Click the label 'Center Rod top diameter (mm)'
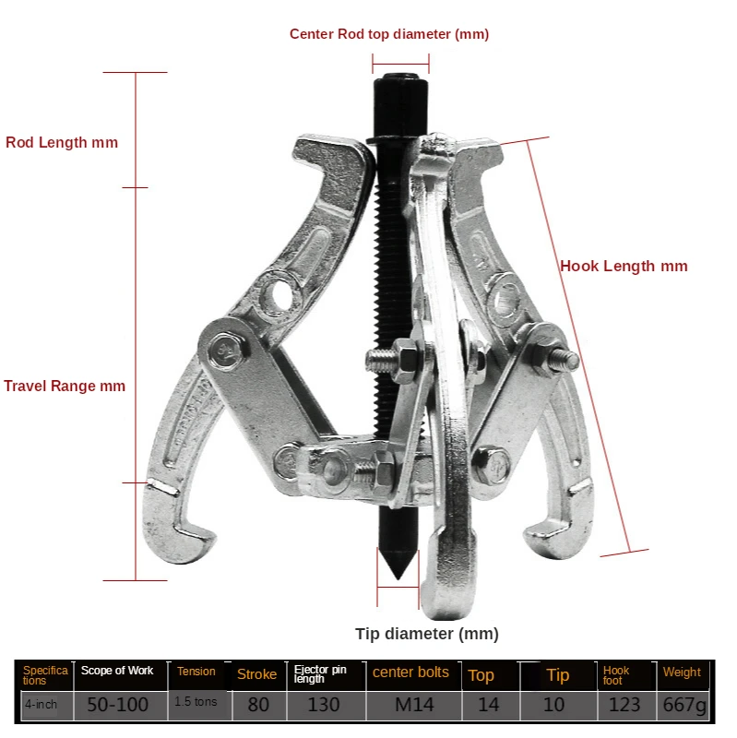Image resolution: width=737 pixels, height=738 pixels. pyautogui.click(x=388, y=34)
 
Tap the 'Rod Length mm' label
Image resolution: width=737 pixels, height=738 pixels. pyautogui.click(x=62, y=143)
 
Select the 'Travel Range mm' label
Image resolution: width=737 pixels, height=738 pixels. pyautogui.click(x=65, y=386)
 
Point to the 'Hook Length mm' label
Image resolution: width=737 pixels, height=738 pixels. pyautogui.click(x=624, y=267)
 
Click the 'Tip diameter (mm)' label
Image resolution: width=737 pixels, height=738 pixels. pyautogui.click(x=427, y=634)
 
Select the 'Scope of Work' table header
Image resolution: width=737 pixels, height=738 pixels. pyautogui.click(x=117, y=671)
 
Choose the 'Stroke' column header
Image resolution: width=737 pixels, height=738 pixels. pyautogui.click(x=256, y=674)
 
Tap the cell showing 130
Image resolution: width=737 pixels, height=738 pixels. pyautogui.click(x=322, y=705)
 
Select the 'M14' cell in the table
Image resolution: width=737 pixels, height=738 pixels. pyautogui.click(x=410, y=705)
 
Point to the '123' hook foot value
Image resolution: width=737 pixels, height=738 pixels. pyautogui.click(x=624, y=705)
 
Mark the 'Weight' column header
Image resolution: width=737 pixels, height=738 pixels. pyautogui.click(x=682, y=673)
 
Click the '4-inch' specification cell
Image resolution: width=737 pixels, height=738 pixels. pyautogui.click(x=41, y=705)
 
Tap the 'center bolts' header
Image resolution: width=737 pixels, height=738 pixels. pyautogui.click(x=410, y=673)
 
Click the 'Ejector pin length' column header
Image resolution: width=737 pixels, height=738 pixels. pyautogui.click(x=320, y=674)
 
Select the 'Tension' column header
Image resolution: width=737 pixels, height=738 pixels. pyautogui.click(x=196, y=672)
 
